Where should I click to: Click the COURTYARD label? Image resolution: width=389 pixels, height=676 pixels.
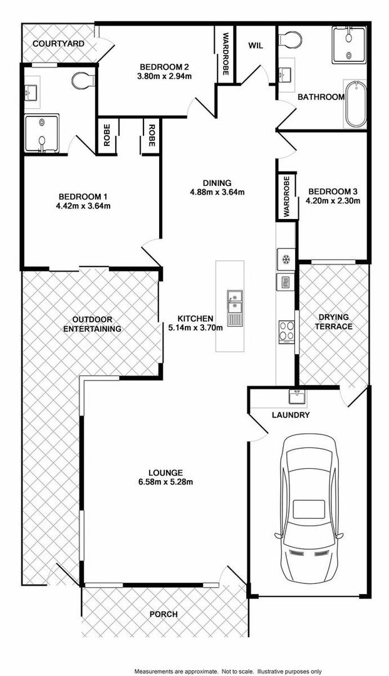(x=58, y=44)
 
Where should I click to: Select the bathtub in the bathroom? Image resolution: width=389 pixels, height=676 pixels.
(x=354, y=103)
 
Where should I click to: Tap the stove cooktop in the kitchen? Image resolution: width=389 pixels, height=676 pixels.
(x=286, y=330)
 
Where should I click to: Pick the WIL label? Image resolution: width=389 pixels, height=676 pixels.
(x=256, y=45)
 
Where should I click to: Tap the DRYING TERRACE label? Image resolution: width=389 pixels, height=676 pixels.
(x=333, y=322)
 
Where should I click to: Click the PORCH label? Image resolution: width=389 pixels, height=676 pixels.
(x=163, y=615)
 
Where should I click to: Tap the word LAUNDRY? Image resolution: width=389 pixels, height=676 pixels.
(x=291, y=415)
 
